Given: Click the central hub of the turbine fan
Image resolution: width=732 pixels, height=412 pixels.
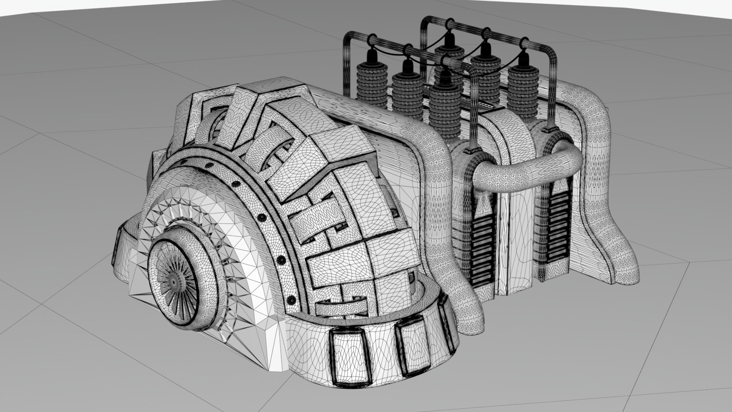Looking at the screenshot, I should pyautogui.click(x=174, y=282).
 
